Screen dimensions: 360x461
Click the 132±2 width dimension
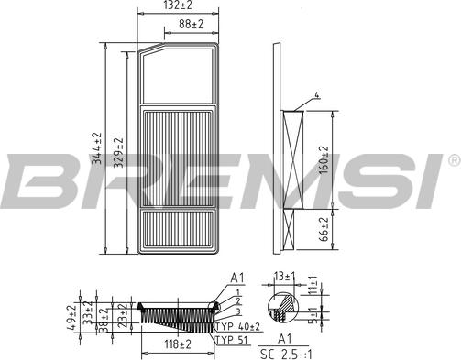point(179,5)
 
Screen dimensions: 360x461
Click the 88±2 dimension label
point(191,26)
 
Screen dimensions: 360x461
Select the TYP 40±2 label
point(237,325)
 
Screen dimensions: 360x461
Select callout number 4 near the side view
point(315,94)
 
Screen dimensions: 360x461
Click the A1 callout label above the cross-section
point(237,276)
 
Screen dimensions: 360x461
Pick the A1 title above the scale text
point(284,338)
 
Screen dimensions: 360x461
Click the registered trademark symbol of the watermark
point(454,160)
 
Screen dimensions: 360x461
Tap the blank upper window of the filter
point(179,75)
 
